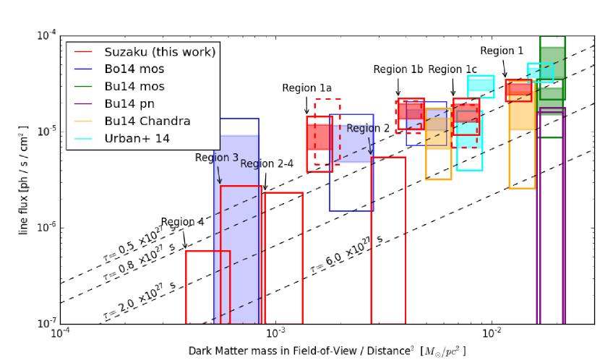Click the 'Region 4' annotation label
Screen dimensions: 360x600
183,222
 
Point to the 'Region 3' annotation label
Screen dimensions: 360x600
217,158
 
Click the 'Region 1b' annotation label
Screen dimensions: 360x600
398,69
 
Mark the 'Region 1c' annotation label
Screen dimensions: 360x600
453,69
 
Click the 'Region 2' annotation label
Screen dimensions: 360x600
368,128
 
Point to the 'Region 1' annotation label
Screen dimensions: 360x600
502,51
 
